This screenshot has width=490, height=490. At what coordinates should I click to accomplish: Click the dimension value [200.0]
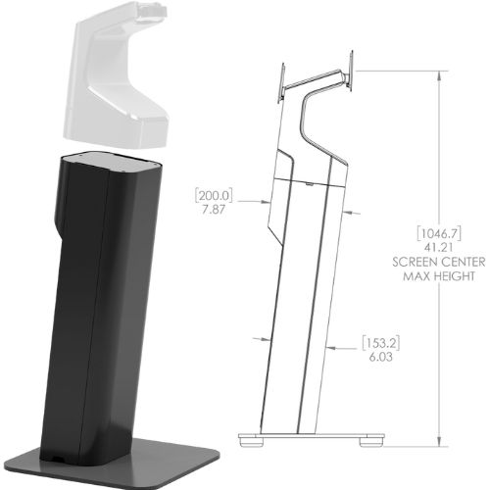pos(214,195)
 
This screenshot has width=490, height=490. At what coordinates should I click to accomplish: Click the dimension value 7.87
pos(214,210)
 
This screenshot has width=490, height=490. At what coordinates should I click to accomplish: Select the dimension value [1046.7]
pos(439,233)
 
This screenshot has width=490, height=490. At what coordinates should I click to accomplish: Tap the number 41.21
pos(439,248)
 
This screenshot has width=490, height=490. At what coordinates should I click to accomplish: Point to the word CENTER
pos(462,262)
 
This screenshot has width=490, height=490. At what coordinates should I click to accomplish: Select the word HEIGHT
pos(454,276)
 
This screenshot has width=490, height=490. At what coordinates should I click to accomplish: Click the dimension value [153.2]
pos(381,343)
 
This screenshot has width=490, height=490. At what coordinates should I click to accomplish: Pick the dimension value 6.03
pos(381,357)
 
